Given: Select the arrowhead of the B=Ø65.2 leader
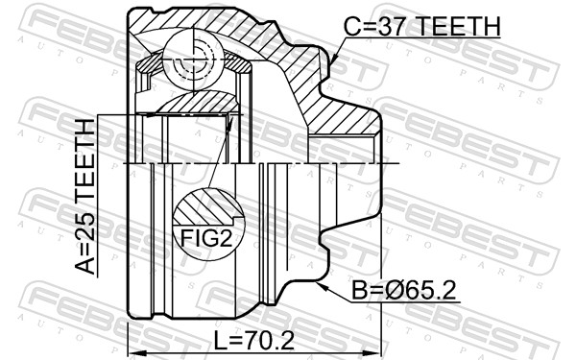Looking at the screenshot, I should pos(317,282).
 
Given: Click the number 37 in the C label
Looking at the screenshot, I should pos(389,26).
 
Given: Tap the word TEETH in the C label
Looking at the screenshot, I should pos(457,26).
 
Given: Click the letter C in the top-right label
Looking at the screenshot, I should pos(352,26).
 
